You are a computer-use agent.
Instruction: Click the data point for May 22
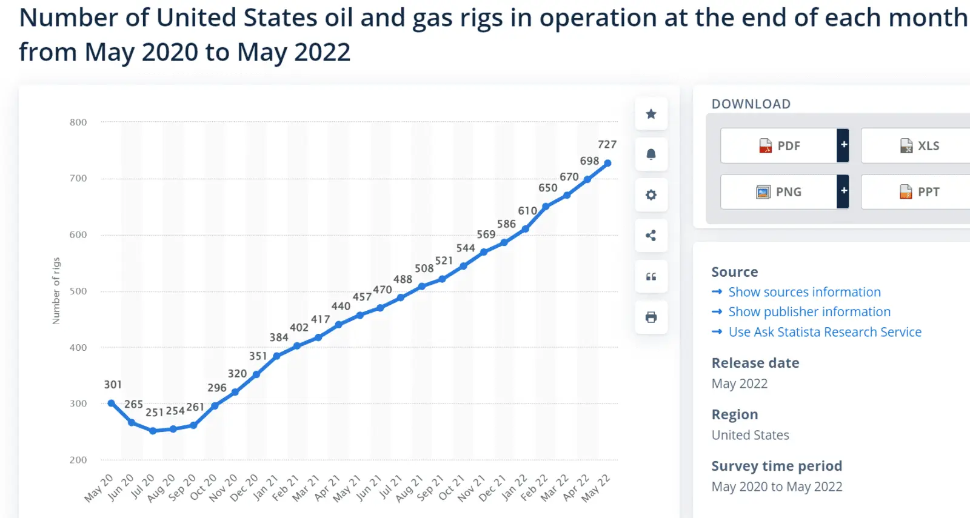click(x=607, y=163)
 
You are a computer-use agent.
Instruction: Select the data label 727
click(x=607, y=145)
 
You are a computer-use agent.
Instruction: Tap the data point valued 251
click(x=153, y=431)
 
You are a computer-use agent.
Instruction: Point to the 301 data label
click(x=113, y=385)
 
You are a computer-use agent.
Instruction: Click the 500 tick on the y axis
click(x=78, y=291)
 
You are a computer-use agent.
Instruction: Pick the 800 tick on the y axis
click(x=78, y=122)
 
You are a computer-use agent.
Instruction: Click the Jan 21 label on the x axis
click(x=266, y=487)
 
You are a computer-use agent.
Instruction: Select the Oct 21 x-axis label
click(x=451, y=487)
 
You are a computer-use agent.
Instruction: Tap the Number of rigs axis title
click(x=56, y=291)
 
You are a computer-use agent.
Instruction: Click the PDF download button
click(x=779, y=146)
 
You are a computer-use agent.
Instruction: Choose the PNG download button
click(x=779, y=192)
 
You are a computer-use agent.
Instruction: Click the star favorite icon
click(x=651, y=114)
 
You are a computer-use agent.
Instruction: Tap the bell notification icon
click(x=651, y=154)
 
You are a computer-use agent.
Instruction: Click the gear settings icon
click(x=651, y=195)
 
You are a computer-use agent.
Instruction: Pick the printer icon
click(x=651, y=317)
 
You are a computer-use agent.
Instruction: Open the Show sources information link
click(x=804, y=292)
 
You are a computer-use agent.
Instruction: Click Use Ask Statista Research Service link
click(x=824, y=332)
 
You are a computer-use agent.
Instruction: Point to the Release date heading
click(x=755, y=363)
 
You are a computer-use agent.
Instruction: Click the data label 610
click(x=527, y=211)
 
